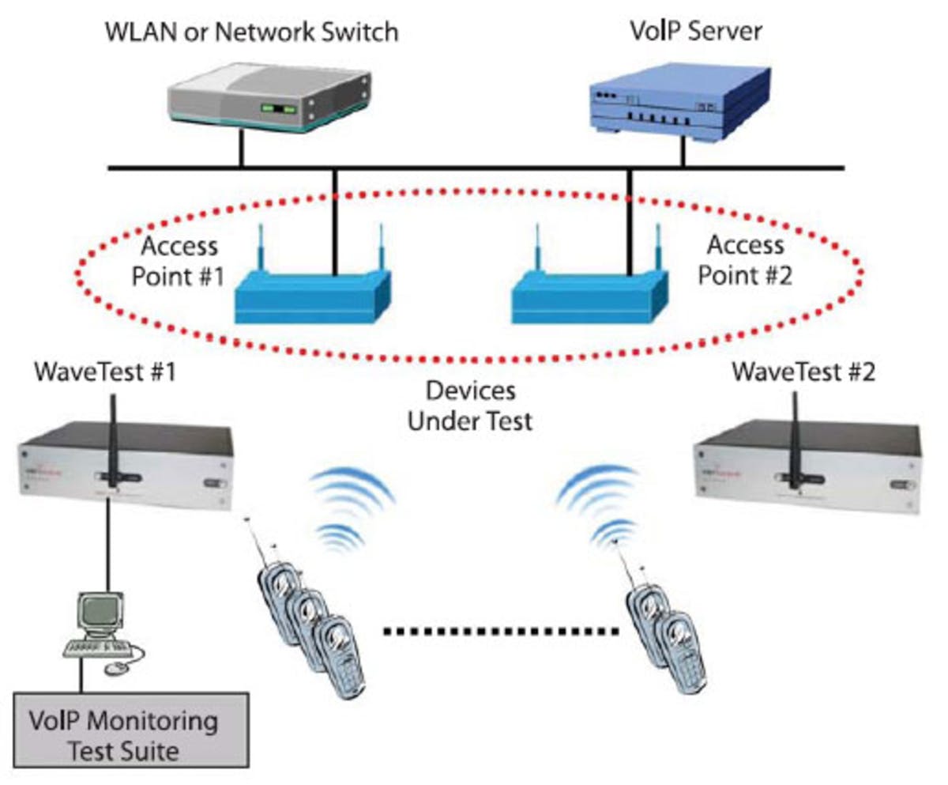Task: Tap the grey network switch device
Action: coord(269,95)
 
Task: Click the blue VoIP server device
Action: coord(679,99)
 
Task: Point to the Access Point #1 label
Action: coord(179,259)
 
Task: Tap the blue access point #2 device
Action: coord(589,292)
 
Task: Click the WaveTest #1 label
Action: coord(103,371)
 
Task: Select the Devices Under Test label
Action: coord(469,405)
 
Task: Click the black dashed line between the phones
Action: coord(501,631)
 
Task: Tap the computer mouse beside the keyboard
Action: coord(117,668)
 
